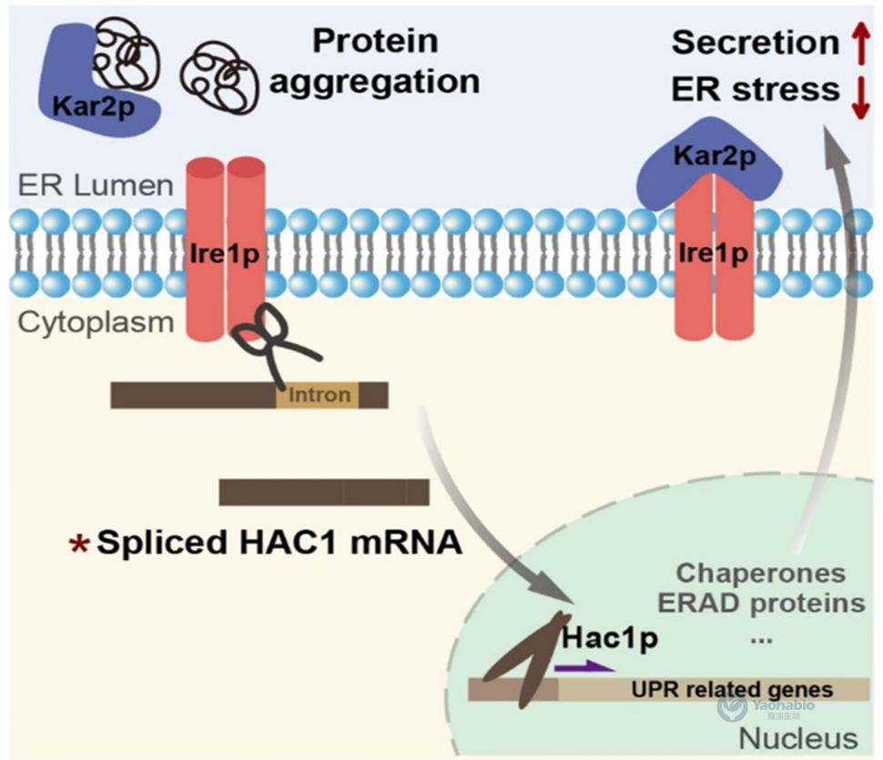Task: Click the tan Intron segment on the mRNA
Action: [318, 395]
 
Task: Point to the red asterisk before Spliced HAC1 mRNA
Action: [80, 544]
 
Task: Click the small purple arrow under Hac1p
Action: [584, 666]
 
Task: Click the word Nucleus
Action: [797, 737]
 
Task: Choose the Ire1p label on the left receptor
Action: [227, 254]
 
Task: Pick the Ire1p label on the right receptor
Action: [714, 254]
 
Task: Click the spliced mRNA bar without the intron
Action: [323, 492]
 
